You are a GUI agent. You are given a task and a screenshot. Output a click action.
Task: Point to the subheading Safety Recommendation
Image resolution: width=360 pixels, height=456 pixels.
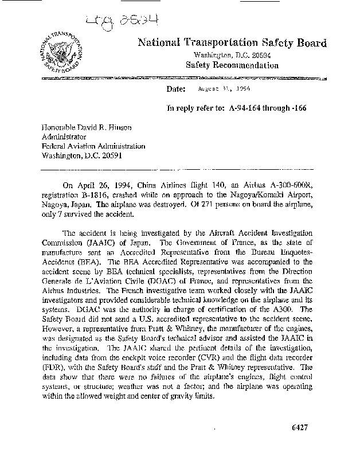pyautogui.click(x=232, y=65)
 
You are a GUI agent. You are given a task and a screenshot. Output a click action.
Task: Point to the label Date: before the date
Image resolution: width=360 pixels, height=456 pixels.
pyautogui.click(x=175, y=89)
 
